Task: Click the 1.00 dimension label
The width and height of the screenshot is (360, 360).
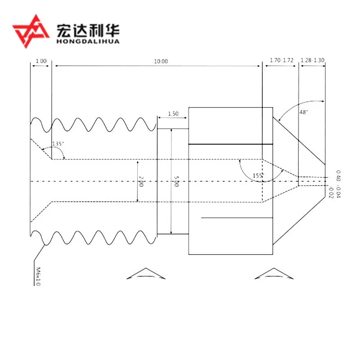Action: [41, 61]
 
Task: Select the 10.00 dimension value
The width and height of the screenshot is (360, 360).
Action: [161, 61]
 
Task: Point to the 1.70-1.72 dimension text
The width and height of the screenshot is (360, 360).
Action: [281, 60]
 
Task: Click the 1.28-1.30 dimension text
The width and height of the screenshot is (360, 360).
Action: [313, 60]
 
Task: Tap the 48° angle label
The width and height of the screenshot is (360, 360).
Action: [304, 112]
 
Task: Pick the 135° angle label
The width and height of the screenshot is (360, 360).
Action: [58, 144]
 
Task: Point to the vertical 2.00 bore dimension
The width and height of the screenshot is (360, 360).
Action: [141, 182]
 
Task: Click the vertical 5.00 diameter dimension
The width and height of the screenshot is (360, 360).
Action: [176, 182]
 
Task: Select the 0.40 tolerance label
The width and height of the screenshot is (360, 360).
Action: [338, 175]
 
